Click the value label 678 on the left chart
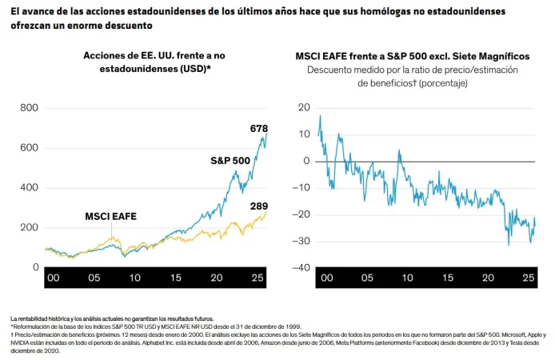[x=258, y=128]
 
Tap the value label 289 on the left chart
[x=258, y=207]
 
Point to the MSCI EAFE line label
[x=111, y=216]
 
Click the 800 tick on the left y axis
[x=29, y=108]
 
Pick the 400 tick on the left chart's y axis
[x=29, y=187]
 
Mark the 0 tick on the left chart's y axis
[x=35, y=267]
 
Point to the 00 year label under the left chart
[x=54, y=278]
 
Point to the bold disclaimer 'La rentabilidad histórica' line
[x=112, y=318]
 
